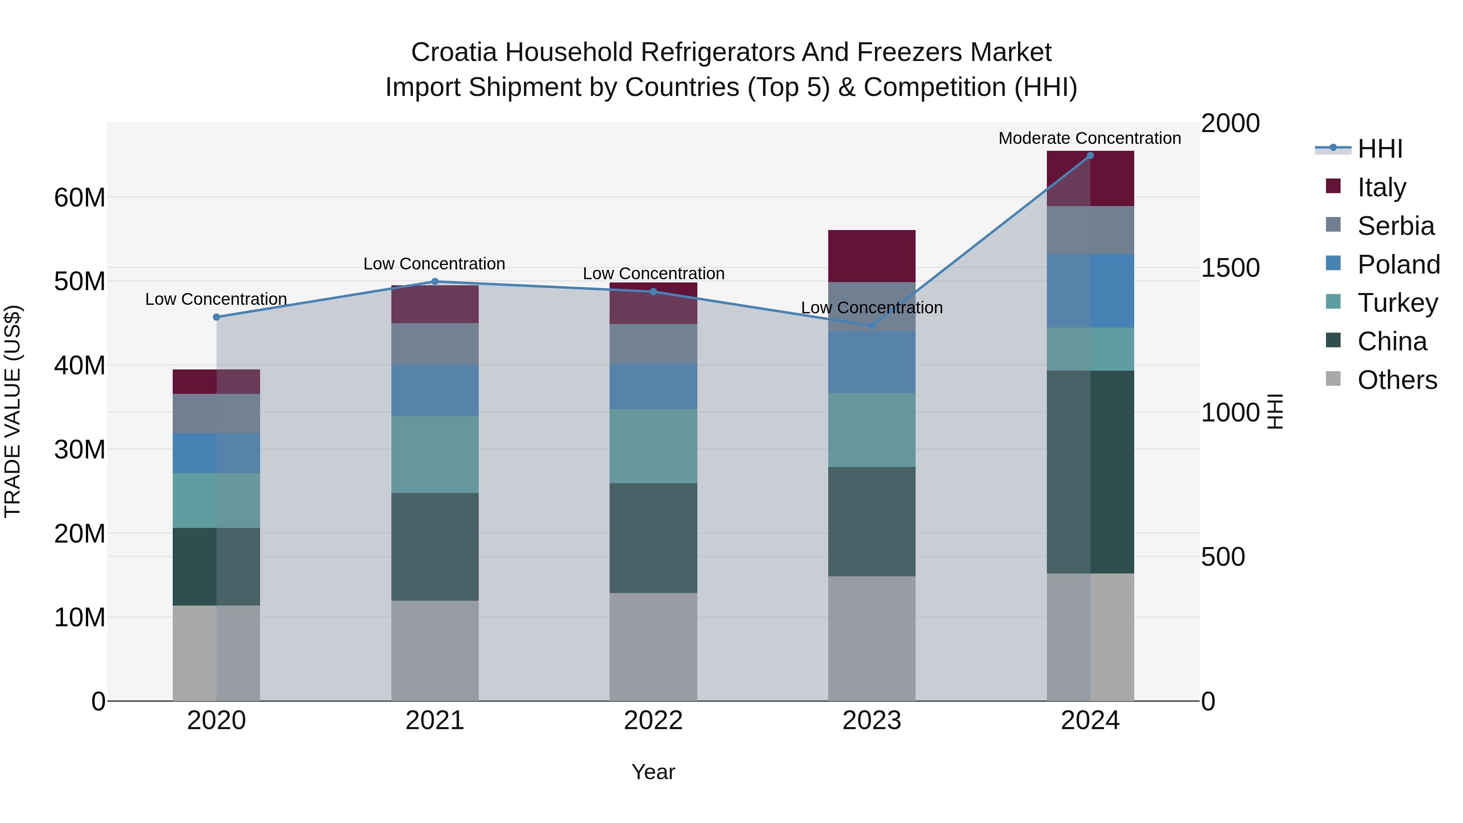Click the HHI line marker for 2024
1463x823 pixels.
tap(1090, 156)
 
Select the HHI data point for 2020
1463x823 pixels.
tap(216, 317)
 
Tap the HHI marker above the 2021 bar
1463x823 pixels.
tap(435, 281)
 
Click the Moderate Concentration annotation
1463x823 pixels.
tap(1089, 138)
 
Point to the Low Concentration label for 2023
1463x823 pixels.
tap(872, 307)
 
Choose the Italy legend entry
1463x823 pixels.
tap(1381, 187)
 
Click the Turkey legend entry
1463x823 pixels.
tap(1397, 303)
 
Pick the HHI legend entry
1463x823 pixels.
tap(1380, 149)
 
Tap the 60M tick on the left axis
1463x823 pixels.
tap(80, 198)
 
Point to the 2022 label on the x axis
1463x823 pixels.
tap(653, 721)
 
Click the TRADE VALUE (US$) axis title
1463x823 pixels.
tap(13, 411)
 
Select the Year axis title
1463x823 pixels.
tap(653, 772)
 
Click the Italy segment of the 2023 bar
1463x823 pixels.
tap(872, 256)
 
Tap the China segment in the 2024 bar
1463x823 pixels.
tap(1090, 471)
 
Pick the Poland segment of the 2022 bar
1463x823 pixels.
tap(653, 386)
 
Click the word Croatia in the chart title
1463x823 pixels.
tap(454, 52)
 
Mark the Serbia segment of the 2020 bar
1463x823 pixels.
tap(216, 413)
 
